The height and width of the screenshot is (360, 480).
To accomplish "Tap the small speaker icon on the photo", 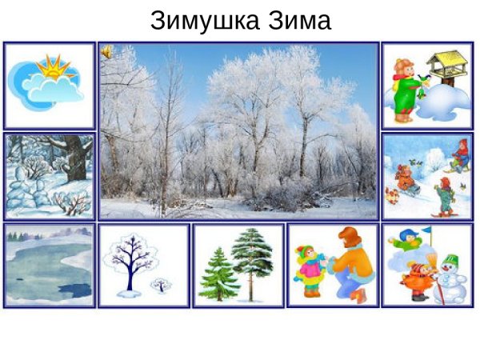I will click(x=106, y=52).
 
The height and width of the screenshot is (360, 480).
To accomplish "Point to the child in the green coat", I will click(x=403, y=90).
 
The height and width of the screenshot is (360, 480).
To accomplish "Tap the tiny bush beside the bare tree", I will click(x=160, y=284).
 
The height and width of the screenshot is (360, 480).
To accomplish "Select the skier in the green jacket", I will click(x=442, y=194).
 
